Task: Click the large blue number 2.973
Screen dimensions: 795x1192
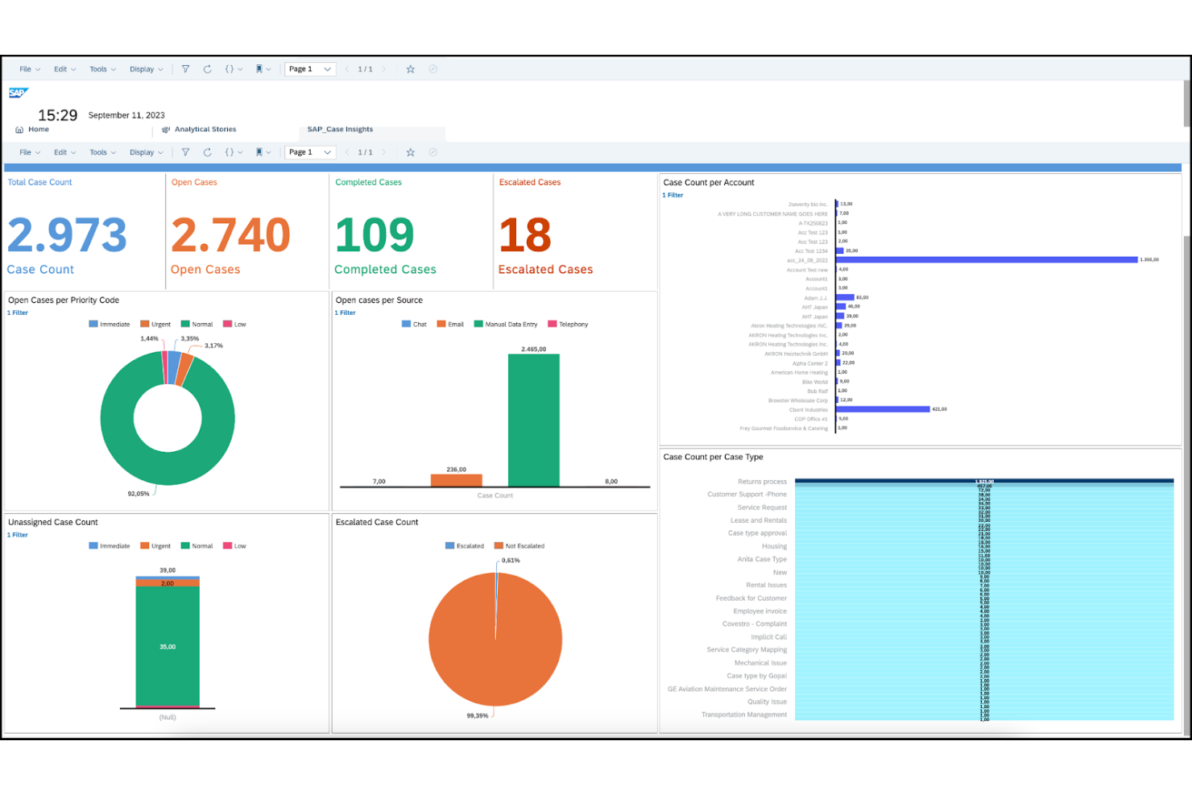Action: tap(67, 235)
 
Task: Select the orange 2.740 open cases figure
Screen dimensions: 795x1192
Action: tap(230, 235)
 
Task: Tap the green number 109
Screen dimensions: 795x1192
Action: tap(375, 235)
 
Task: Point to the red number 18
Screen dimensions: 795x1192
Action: tap(525, 235)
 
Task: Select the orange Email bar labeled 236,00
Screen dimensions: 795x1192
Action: tap(456, 480)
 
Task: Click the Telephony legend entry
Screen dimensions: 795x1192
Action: tap(569, 325)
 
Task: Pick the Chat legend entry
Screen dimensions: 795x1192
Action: tap(415, 325)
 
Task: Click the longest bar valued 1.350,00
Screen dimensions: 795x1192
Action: tap(987, 260)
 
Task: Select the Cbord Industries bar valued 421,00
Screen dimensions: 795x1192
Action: tap(884, 409)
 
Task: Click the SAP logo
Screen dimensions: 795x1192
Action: tap(18, 93)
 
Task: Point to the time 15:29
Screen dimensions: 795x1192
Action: tap(58, 116)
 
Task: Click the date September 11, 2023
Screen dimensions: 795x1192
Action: tap(126, 115)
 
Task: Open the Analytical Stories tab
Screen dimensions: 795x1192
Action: tap(205, 130)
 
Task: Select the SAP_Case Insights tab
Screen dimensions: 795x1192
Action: tap(340, 130)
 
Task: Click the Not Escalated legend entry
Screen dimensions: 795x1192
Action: tap(520, 546)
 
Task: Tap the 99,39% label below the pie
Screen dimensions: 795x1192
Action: tap(478, 715)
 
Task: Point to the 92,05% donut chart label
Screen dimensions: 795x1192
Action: tap(139, 494)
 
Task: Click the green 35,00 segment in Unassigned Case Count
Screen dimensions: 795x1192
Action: tap(168, 646)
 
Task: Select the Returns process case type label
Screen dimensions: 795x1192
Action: tap(762, 482)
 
